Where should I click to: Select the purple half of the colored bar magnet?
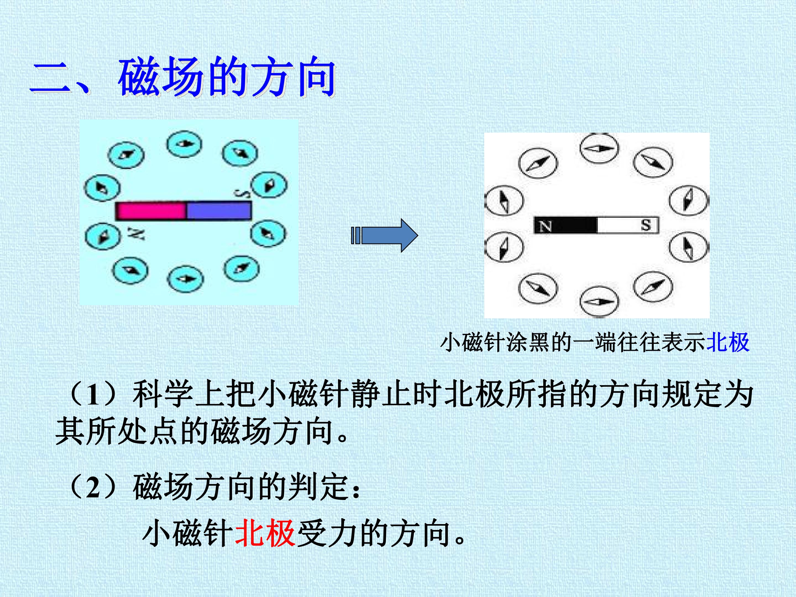(218, 211)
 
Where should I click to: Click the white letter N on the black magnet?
(546, 226)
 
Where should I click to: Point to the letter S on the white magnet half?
(646, 226)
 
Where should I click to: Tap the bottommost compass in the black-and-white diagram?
(599, 302)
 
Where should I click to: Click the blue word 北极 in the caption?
(728, 342)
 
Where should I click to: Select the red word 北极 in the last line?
(266, 533)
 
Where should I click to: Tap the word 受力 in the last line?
(327, 533)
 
